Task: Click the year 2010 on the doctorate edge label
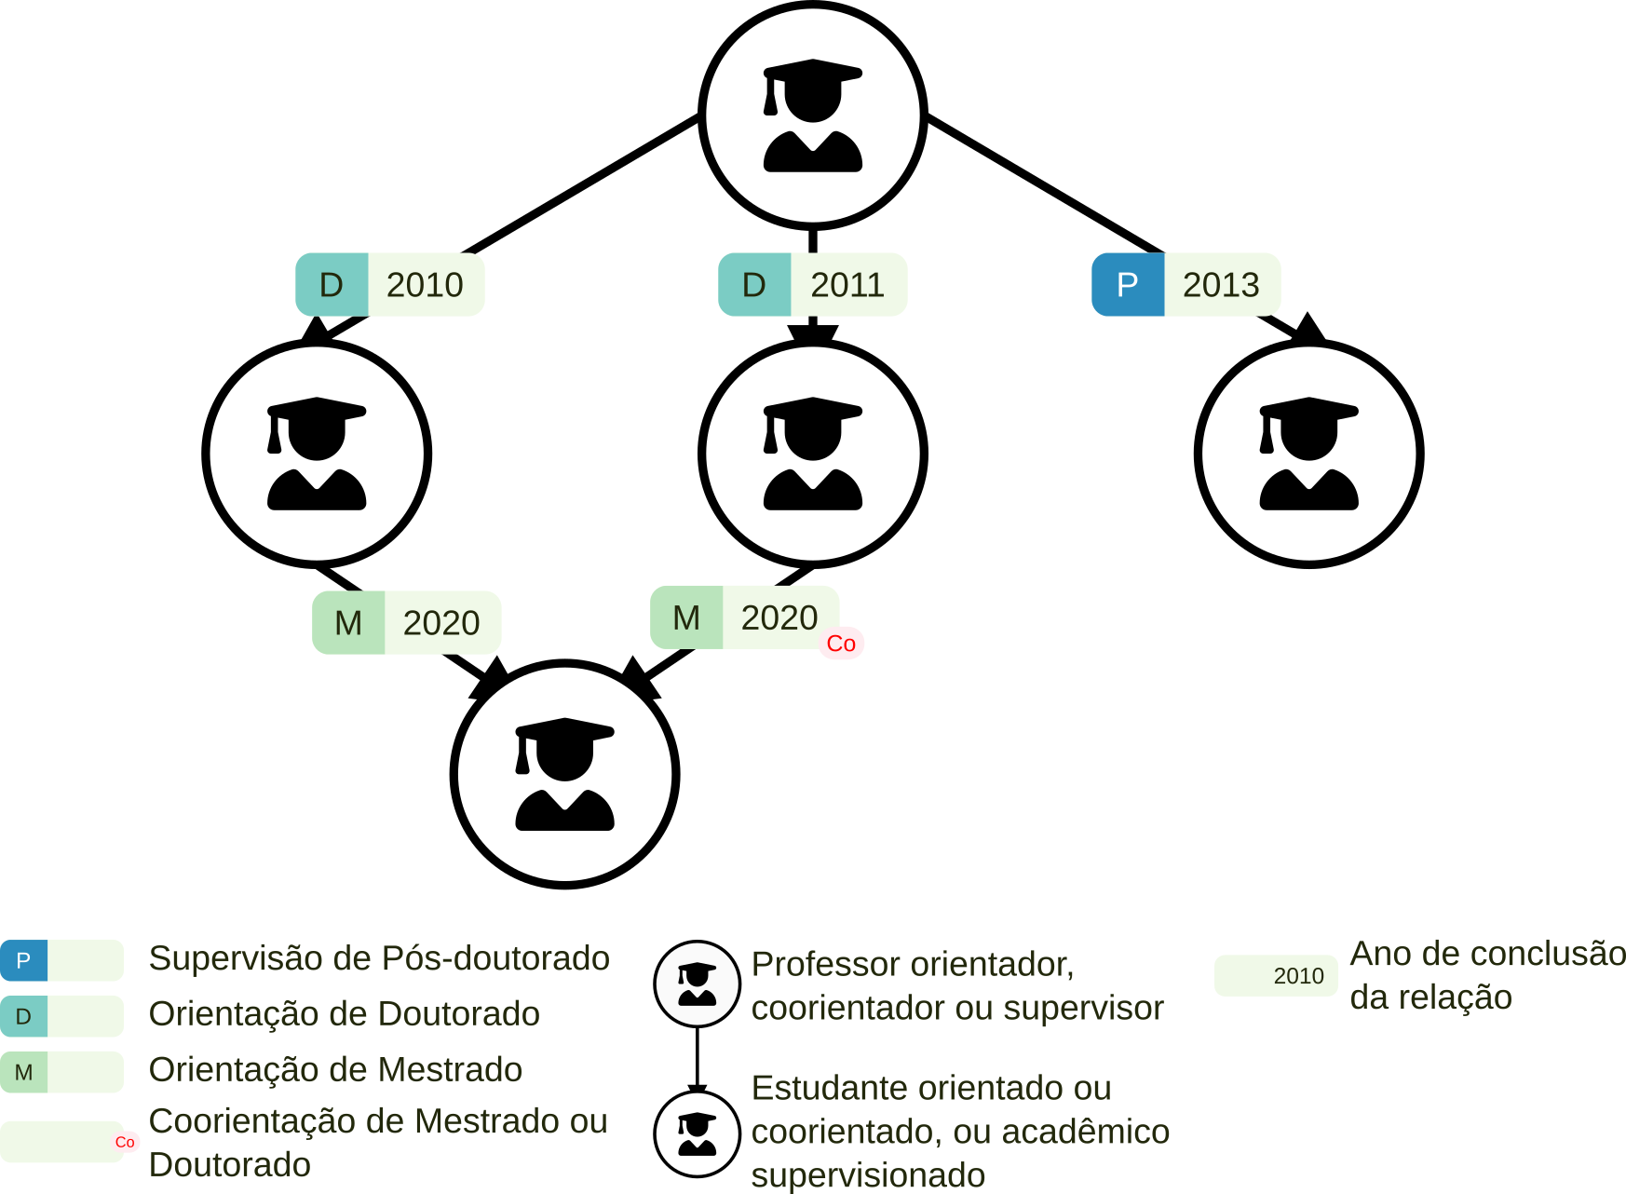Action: point(425,285)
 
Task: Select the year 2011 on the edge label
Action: point(847,285)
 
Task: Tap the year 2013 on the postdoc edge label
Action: point(1221,285)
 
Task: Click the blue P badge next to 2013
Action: point(1128,285)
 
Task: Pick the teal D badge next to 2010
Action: point(332,285)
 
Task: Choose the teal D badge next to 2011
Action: point(754,285)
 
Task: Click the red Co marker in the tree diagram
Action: point(841,644)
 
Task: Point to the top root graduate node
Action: point(813,115)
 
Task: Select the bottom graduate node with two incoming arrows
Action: point(565,774)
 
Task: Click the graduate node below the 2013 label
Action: point(1308,454)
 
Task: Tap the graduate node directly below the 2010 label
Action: point(317,454)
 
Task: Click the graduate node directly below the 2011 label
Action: point(813,454)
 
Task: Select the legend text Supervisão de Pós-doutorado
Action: point(379,958)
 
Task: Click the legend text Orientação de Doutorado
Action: point(345,1014)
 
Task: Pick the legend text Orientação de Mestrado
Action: point(335,1070)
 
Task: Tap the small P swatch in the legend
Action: point(24,960)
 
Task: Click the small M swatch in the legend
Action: point(24,1072)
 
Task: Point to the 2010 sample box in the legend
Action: point(1277,976)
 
